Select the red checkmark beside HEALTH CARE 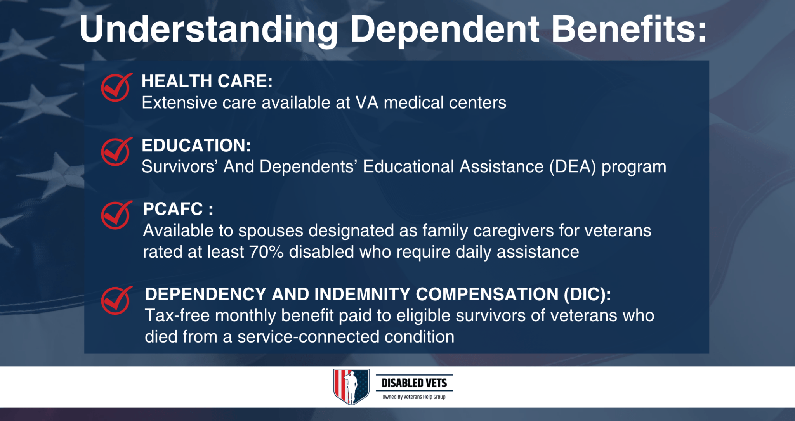(116, 88)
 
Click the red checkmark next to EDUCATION (116, 152)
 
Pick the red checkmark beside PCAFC (116, 215)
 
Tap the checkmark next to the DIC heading (116, 301)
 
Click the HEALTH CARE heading (207, 81)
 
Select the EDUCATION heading (196, 146)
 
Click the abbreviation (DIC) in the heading (587, 294)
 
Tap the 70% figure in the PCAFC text (266, 252)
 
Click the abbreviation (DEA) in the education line (573, 167)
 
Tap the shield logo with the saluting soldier (351, 387)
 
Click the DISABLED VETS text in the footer (414, 383)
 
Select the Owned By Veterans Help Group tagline (414, 397)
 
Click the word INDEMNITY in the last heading (362, 294)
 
